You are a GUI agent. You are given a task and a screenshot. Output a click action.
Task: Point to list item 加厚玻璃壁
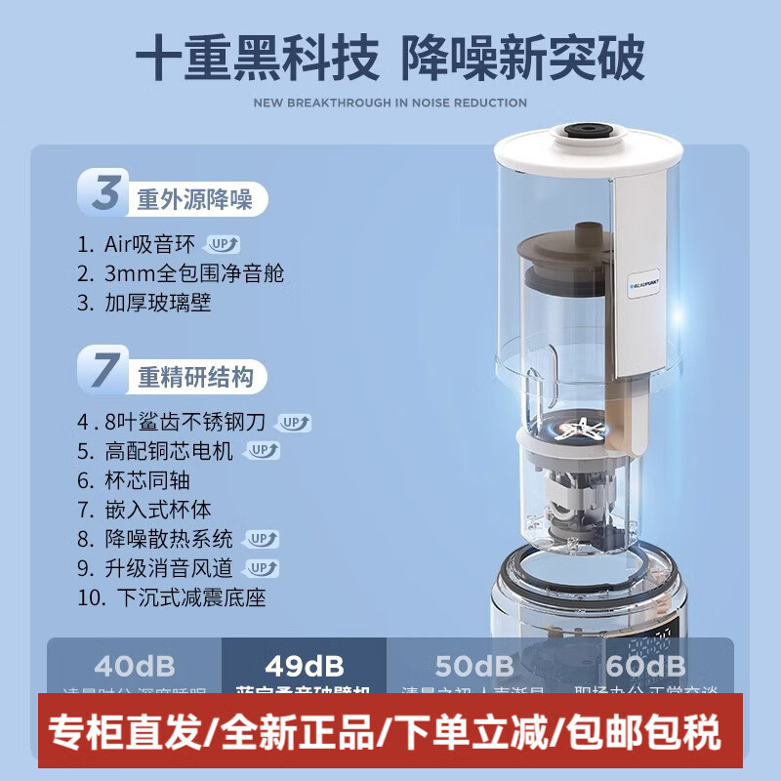(x=158, y=303)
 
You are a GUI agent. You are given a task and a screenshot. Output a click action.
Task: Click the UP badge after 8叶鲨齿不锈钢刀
(x=294, y=423)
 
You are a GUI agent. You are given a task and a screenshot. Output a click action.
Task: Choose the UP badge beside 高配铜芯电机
(x=261, y=451)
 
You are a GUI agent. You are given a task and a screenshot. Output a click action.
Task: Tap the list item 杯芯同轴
(x=146, y=480)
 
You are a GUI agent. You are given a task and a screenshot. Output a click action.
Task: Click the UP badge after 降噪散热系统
(x=261, y=539)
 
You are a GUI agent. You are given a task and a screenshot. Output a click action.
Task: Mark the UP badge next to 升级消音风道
(x=261, y=568)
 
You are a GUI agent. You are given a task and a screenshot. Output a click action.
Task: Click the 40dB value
(x=135, y=667)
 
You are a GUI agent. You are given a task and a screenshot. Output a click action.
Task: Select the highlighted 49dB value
(x=304, y=667)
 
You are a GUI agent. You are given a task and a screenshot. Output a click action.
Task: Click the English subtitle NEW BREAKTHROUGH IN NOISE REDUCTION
(x=390, y=103)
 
